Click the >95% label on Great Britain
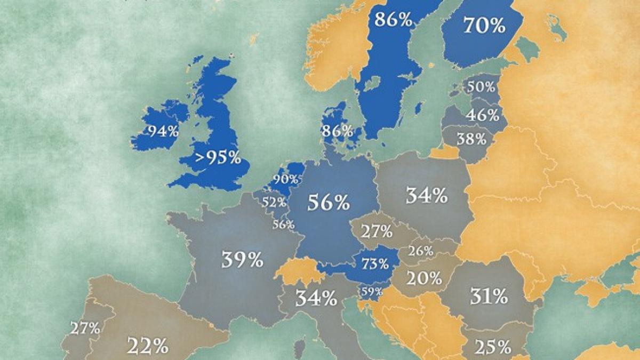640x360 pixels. (217, 158)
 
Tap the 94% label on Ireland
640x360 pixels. (163, 131)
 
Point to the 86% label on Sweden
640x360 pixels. (394, 20)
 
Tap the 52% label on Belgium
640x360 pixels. (273, 202)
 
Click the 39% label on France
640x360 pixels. (243, 260)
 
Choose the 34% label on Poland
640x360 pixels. (426, 196)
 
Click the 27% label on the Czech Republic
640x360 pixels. (377, 232)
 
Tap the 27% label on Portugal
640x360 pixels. (86, 328)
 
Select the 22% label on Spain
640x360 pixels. (147, 347)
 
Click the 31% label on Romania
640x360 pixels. (488, 295)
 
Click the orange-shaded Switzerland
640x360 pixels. (297, 270)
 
